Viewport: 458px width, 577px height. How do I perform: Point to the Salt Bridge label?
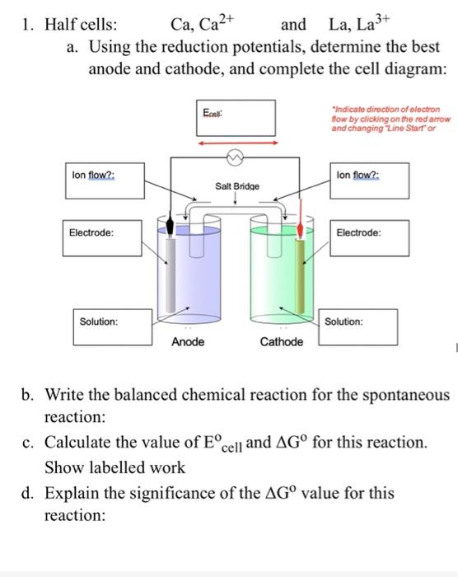point(236,187)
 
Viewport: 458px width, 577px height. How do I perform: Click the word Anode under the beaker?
point(188,341)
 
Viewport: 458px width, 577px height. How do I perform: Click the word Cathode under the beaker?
point(281,341)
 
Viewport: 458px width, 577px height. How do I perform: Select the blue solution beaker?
point(188,272)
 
